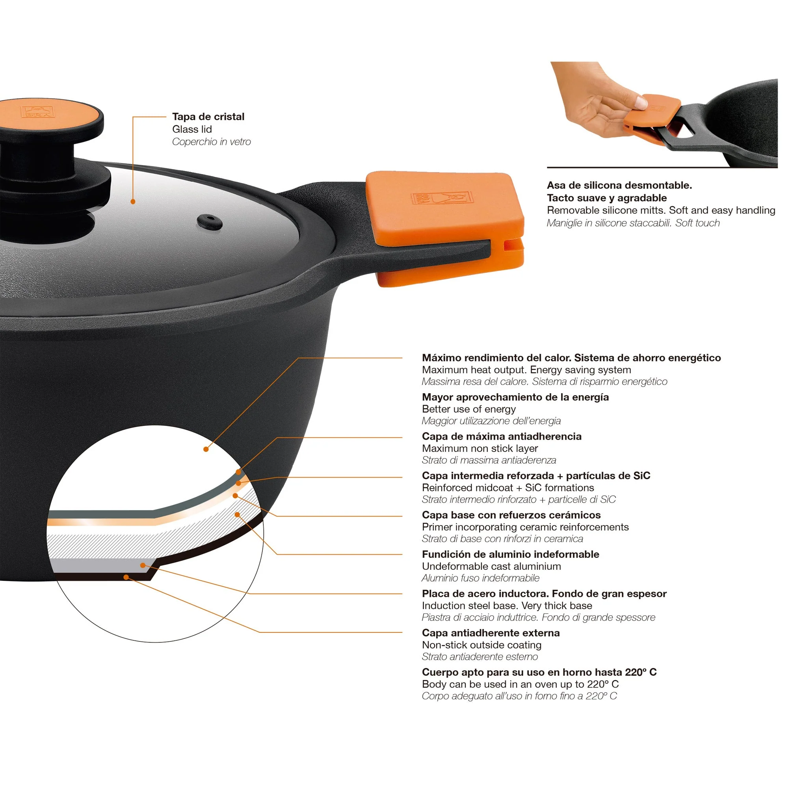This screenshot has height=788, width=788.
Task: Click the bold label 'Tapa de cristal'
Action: coord(208,117)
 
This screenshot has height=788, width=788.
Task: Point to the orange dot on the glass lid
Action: coord(133,201)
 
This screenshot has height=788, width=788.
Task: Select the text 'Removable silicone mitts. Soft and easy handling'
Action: coord(661,210)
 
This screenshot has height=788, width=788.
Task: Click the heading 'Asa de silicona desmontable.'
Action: coord(619,185)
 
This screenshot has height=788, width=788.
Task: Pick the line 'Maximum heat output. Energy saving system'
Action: coord(526,370)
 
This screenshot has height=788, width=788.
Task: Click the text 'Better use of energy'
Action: coord(468,409)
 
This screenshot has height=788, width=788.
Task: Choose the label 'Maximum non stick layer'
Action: coord(479,448)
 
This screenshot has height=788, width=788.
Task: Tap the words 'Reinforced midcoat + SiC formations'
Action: coord(508,488)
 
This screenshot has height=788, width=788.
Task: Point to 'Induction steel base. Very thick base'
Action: coord(507,606)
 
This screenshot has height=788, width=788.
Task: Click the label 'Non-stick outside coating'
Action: coord(481,645)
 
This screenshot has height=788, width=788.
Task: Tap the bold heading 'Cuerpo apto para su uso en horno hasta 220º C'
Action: coord(539,672)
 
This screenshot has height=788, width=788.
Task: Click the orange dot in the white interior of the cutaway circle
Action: coord(206,449)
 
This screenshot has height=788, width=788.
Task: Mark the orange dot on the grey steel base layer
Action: coord(143,565)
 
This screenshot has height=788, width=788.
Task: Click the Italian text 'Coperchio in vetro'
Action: coord(211,142)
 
